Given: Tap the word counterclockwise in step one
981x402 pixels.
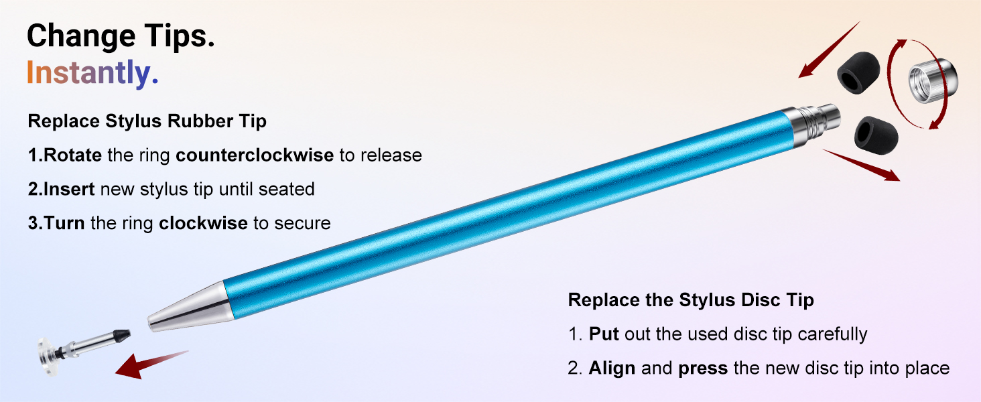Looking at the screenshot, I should (255, 155).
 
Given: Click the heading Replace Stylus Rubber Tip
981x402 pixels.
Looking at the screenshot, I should (147, 121).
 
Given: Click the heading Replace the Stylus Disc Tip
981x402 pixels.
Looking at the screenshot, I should (691, 299).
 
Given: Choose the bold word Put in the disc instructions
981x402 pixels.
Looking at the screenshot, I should (603, 334).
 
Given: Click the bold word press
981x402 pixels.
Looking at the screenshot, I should (702, 368).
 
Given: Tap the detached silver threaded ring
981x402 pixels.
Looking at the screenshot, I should (931, 82).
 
